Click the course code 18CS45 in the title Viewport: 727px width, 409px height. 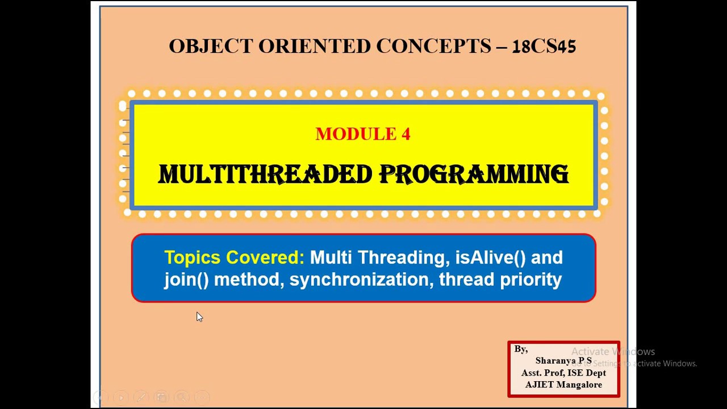tap(544, 47)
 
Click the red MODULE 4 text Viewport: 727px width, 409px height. tap(363, 134)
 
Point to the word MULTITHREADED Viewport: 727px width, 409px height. tap(265, 175)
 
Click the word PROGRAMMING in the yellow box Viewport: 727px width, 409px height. tap(474, 175)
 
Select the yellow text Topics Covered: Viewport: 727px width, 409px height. tap(234, 258)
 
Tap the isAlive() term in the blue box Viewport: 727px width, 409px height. tap(490, 258)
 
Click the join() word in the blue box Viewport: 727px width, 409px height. tap(186, 279)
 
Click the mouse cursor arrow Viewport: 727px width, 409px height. tap(199, 316)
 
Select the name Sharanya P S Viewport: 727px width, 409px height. tap(563, 361)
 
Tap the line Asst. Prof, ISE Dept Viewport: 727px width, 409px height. tap(563, 373)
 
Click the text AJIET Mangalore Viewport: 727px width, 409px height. tap(563, 385)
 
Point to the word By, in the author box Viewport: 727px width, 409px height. tap(521, 349)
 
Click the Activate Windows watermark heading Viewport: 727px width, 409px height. tap(613, 352)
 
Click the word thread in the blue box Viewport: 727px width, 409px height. tap(466, 279)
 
